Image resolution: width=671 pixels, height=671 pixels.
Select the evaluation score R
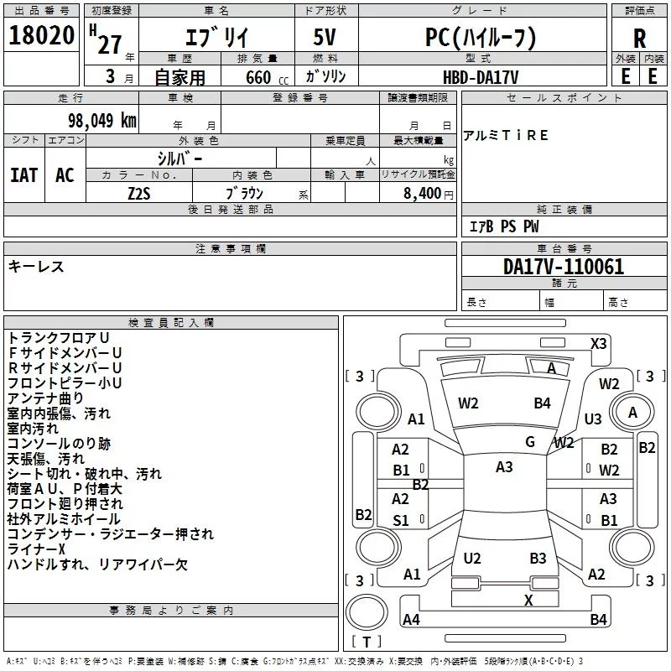640,39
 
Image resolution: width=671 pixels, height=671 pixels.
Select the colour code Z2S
139,191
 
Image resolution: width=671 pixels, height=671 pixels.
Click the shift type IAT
23,175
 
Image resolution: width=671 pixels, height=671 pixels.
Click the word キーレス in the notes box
36,267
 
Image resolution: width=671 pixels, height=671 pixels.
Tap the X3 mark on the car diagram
599,343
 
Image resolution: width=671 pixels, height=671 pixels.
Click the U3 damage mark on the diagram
593,419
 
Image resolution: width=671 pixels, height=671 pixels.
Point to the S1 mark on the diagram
401,521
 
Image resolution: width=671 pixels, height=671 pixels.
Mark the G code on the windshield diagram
529,441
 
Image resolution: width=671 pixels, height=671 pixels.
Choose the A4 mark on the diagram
411,619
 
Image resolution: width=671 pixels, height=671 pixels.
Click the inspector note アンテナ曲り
46,398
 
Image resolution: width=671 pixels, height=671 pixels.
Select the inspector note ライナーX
36,549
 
